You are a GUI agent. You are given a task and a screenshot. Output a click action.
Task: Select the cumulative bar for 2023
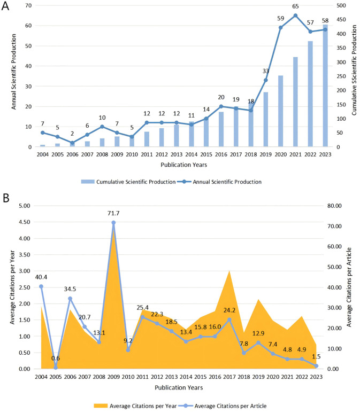click(x=325, y=85)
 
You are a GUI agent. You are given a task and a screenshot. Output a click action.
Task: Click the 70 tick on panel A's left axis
click(x=28, y=5)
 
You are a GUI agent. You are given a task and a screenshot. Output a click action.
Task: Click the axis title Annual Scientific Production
click(x=14, y=76)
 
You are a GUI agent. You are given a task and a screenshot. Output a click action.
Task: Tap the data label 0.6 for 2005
click(x=56, y=358)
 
